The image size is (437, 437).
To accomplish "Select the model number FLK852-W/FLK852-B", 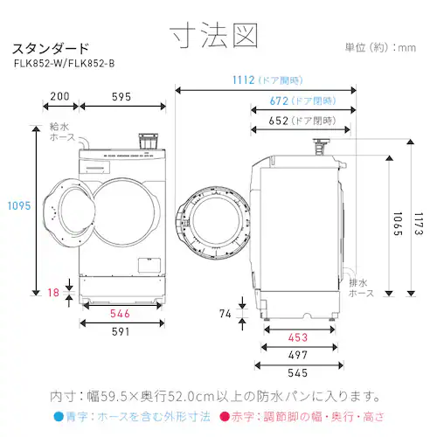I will click(65, 63).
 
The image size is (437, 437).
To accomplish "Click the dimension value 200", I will click(59, 97).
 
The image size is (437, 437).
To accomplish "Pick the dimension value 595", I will click(123, 97).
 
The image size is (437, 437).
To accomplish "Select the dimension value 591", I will click(122, 332).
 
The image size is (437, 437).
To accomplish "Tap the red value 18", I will click(55, 294).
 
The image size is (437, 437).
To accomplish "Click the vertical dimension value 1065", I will click(397, 222).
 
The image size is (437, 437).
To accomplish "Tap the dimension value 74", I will click(225, 312).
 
